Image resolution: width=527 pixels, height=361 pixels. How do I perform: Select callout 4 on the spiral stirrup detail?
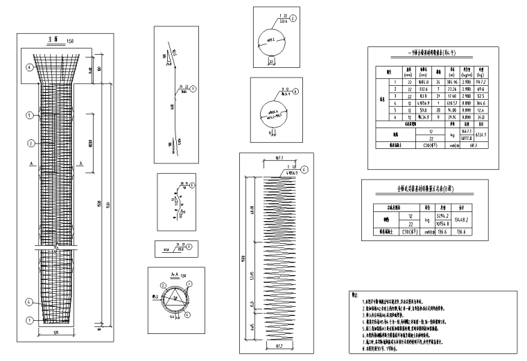pos(304,169)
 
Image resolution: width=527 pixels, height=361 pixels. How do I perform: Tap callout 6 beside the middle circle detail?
pos(295,91)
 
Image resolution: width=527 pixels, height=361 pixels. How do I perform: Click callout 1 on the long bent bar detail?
pos(193,89)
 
